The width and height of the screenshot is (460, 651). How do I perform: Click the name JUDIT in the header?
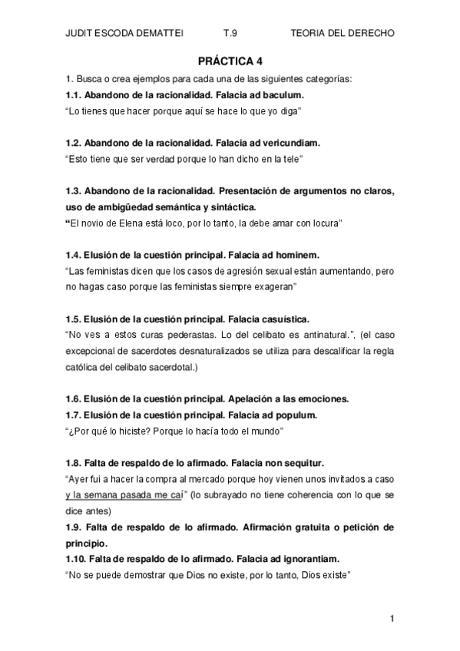tap(80, 35)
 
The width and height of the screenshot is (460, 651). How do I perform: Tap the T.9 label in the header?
tap(230, 35)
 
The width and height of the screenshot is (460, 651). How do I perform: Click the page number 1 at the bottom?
tap(392, 618)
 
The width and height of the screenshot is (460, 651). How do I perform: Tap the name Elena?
tap(135, 223)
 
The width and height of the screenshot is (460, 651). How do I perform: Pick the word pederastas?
tap(164, 335)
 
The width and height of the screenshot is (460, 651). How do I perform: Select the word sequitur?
tap(303, 462)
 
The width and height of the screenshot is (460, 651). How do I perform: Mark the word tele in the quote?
tap(290, 159)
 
